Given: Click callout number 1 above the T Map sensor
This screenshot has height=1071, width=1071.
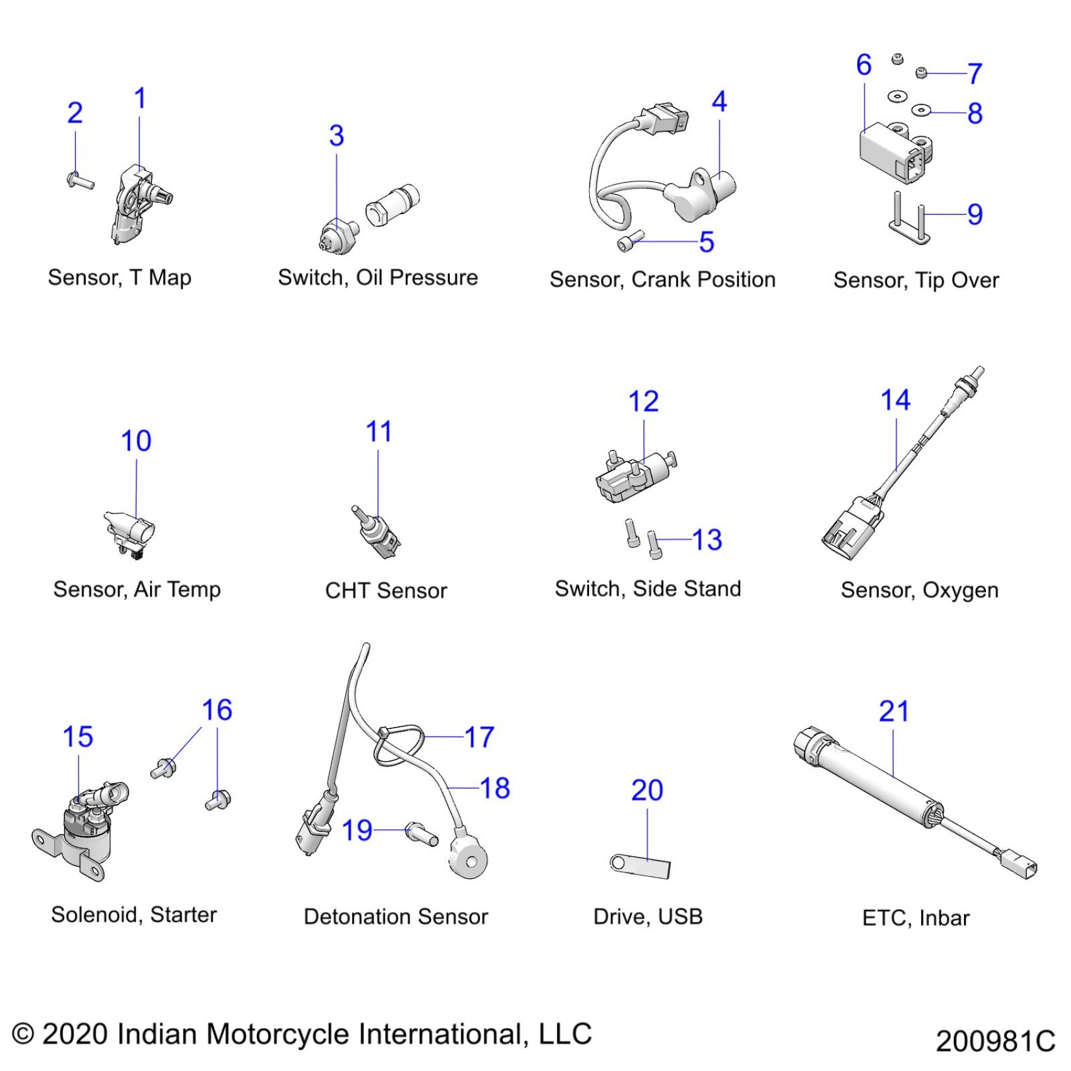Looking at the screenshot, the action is point(140,99).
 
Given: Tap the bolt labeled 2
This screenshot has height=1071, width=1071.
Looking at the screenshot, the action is point(79,181).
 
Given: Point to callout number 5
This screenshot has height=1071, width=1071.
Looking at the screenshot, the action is point(706,242).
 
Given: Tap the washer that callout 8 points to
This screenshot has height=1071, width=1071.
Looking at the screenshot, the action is point(920,111).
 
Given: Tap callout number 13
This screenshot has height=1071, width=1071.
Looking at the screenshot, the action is point(707,540).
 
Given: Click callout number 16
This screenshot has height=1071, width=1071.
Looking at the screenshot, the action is point(217,710).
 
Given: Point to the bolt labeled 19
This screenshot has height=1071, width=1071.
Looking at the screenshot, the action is point(421,834).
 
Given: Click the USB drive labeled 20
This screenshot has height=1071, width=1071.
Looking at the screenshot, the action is point(640,866).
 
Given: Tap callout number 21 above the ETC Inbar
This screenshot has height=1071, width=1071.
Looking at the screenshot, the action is point(893,711).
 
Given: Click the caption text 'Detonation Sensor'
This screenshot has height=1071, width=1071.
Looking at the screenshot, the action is point(396,917).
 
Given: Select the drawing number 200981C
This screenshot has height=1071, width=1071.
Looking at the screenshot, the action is point(995,1040).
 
